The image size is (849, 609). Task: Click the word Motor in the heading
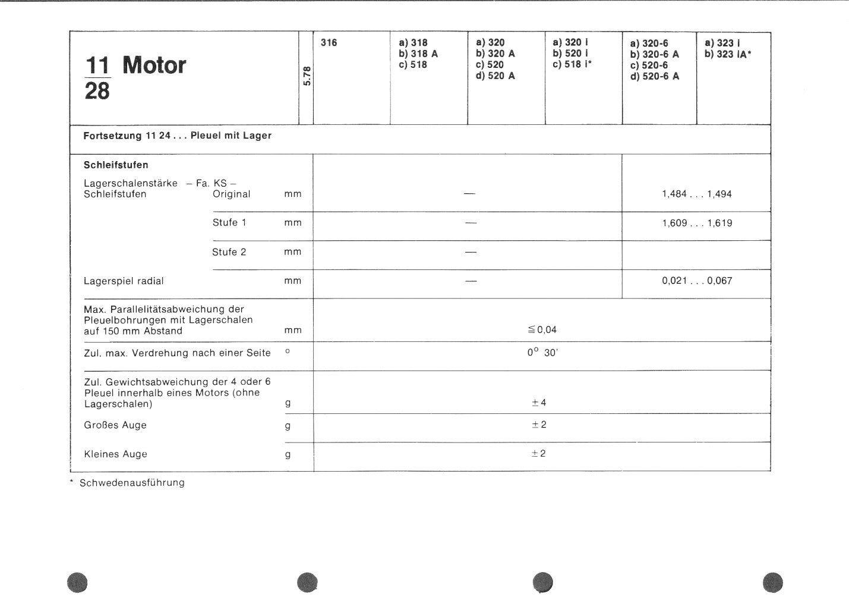click(154, 65)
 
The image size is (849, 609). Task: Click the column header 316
click(329, 42)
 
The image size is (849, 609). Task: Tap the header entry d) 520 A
click(495, 76)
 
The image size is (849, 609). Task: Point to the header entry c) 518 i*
click(572, 65)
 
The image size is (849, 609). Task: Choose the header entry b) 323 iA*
click(727, 54)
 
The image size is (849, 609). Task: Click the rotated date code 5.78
click(307, 76)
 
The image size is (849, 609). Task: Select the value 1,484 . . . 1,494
click(696, 194)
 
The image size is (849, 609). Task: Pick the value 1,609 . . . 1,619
click(697, 223)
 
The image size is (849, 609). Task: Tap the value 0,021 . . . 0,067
click(697, 281)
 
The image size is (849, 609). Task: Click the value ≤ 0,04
click(542, 330)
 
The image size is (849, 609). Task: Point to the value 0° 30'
click(542, 353)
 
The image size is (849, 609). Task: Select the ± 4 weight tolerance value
click(539, 403)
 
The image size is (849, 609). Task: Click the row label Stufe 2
click(229, 252)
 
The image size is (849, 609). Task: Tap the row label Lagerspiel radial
click(124, 281)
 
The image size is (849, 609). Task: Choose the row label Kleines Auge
click(115, 454)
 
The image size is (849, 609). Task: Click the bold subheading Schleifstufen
click(116, 165)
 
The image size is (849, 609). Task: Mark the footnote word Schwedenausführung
click(132, 483)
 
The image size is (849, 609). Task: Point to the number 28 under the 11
click(97, 91)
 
